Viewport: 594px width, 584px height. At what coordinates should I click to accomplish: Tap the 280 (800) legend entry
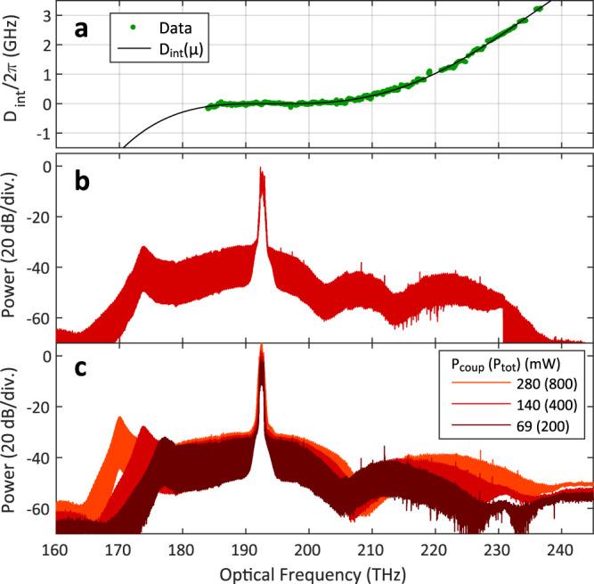pyautogui.click(x=546, y=384)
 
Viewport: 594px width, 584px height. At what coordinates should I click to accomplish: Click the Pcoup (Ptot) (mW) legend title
pyautogui.click(x=510, y=363)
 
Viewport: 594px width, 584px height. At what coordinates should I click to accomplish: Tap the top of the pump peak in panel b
pyautogui.click(x=261, y=168)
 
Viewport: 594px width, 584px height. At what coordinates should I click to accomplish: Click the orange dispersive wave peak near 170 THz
pyautogui.click(x=118, y=418)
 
